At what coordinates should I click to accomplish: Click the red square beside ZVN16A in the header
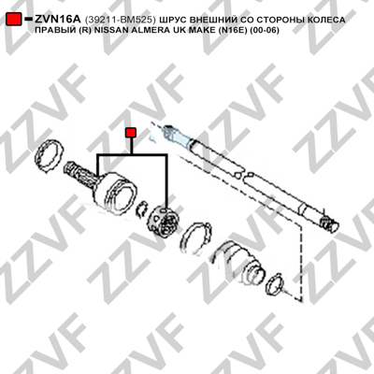[14, 20]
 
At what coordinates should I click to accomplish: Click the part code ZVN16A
[58, 20]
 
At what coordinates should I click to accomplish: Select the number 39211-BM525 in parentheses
[121, 20]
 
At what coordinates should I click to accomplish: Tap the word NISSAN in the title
[108, 30]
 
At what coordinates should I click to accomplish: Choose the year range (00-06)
[264, 30]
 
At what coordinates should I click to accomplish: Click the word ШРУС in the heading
[173, 20]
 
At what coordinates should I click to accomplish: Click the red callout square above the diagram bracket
[131, 133]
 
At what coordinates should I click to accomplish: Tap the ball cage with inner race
[164, 220]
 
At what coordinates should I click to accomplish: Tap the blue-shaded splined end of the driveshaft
[177, 134]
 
